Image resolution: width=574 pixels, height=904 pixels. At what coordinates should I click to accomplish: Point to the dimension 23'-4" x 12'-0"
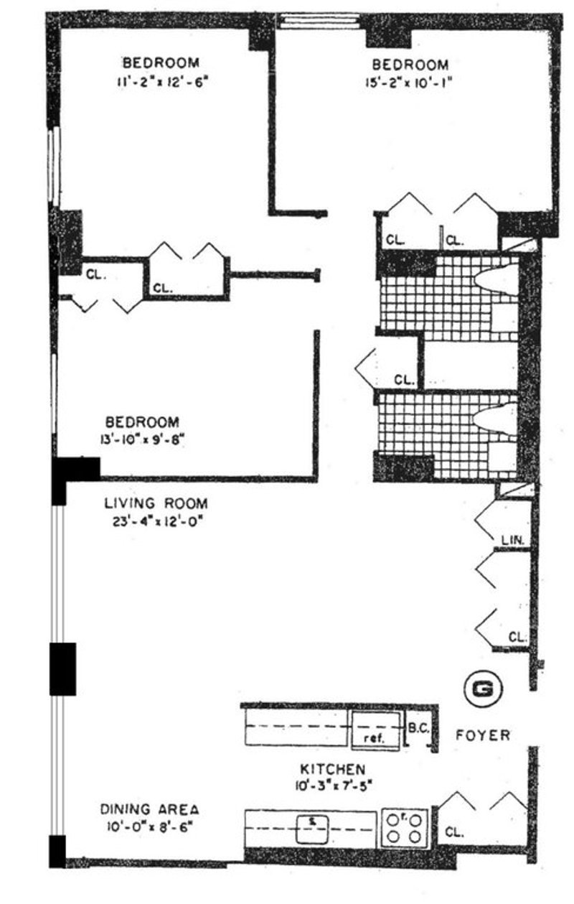[156, 521]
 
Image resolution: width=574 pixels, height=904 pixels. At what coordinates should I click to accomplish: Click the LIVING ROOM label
[156, 503]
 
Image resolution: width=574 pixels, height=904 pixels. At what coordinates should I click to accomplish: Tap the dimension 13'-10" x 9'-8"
[142, 439]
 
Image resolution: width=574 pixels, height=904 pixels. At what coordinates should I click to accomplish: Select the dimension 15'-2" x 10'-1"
[407, 83]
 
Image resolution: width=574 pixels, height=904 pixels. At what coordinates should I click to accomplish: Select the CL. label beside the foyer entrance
[454, 833]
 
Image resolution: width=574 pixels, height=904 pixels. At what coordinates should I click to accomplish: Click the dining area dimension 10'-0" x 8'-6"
[149, 826]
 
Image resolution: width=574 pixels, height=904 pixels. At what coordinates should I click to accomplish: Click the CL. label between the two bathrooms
[403, 379]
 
